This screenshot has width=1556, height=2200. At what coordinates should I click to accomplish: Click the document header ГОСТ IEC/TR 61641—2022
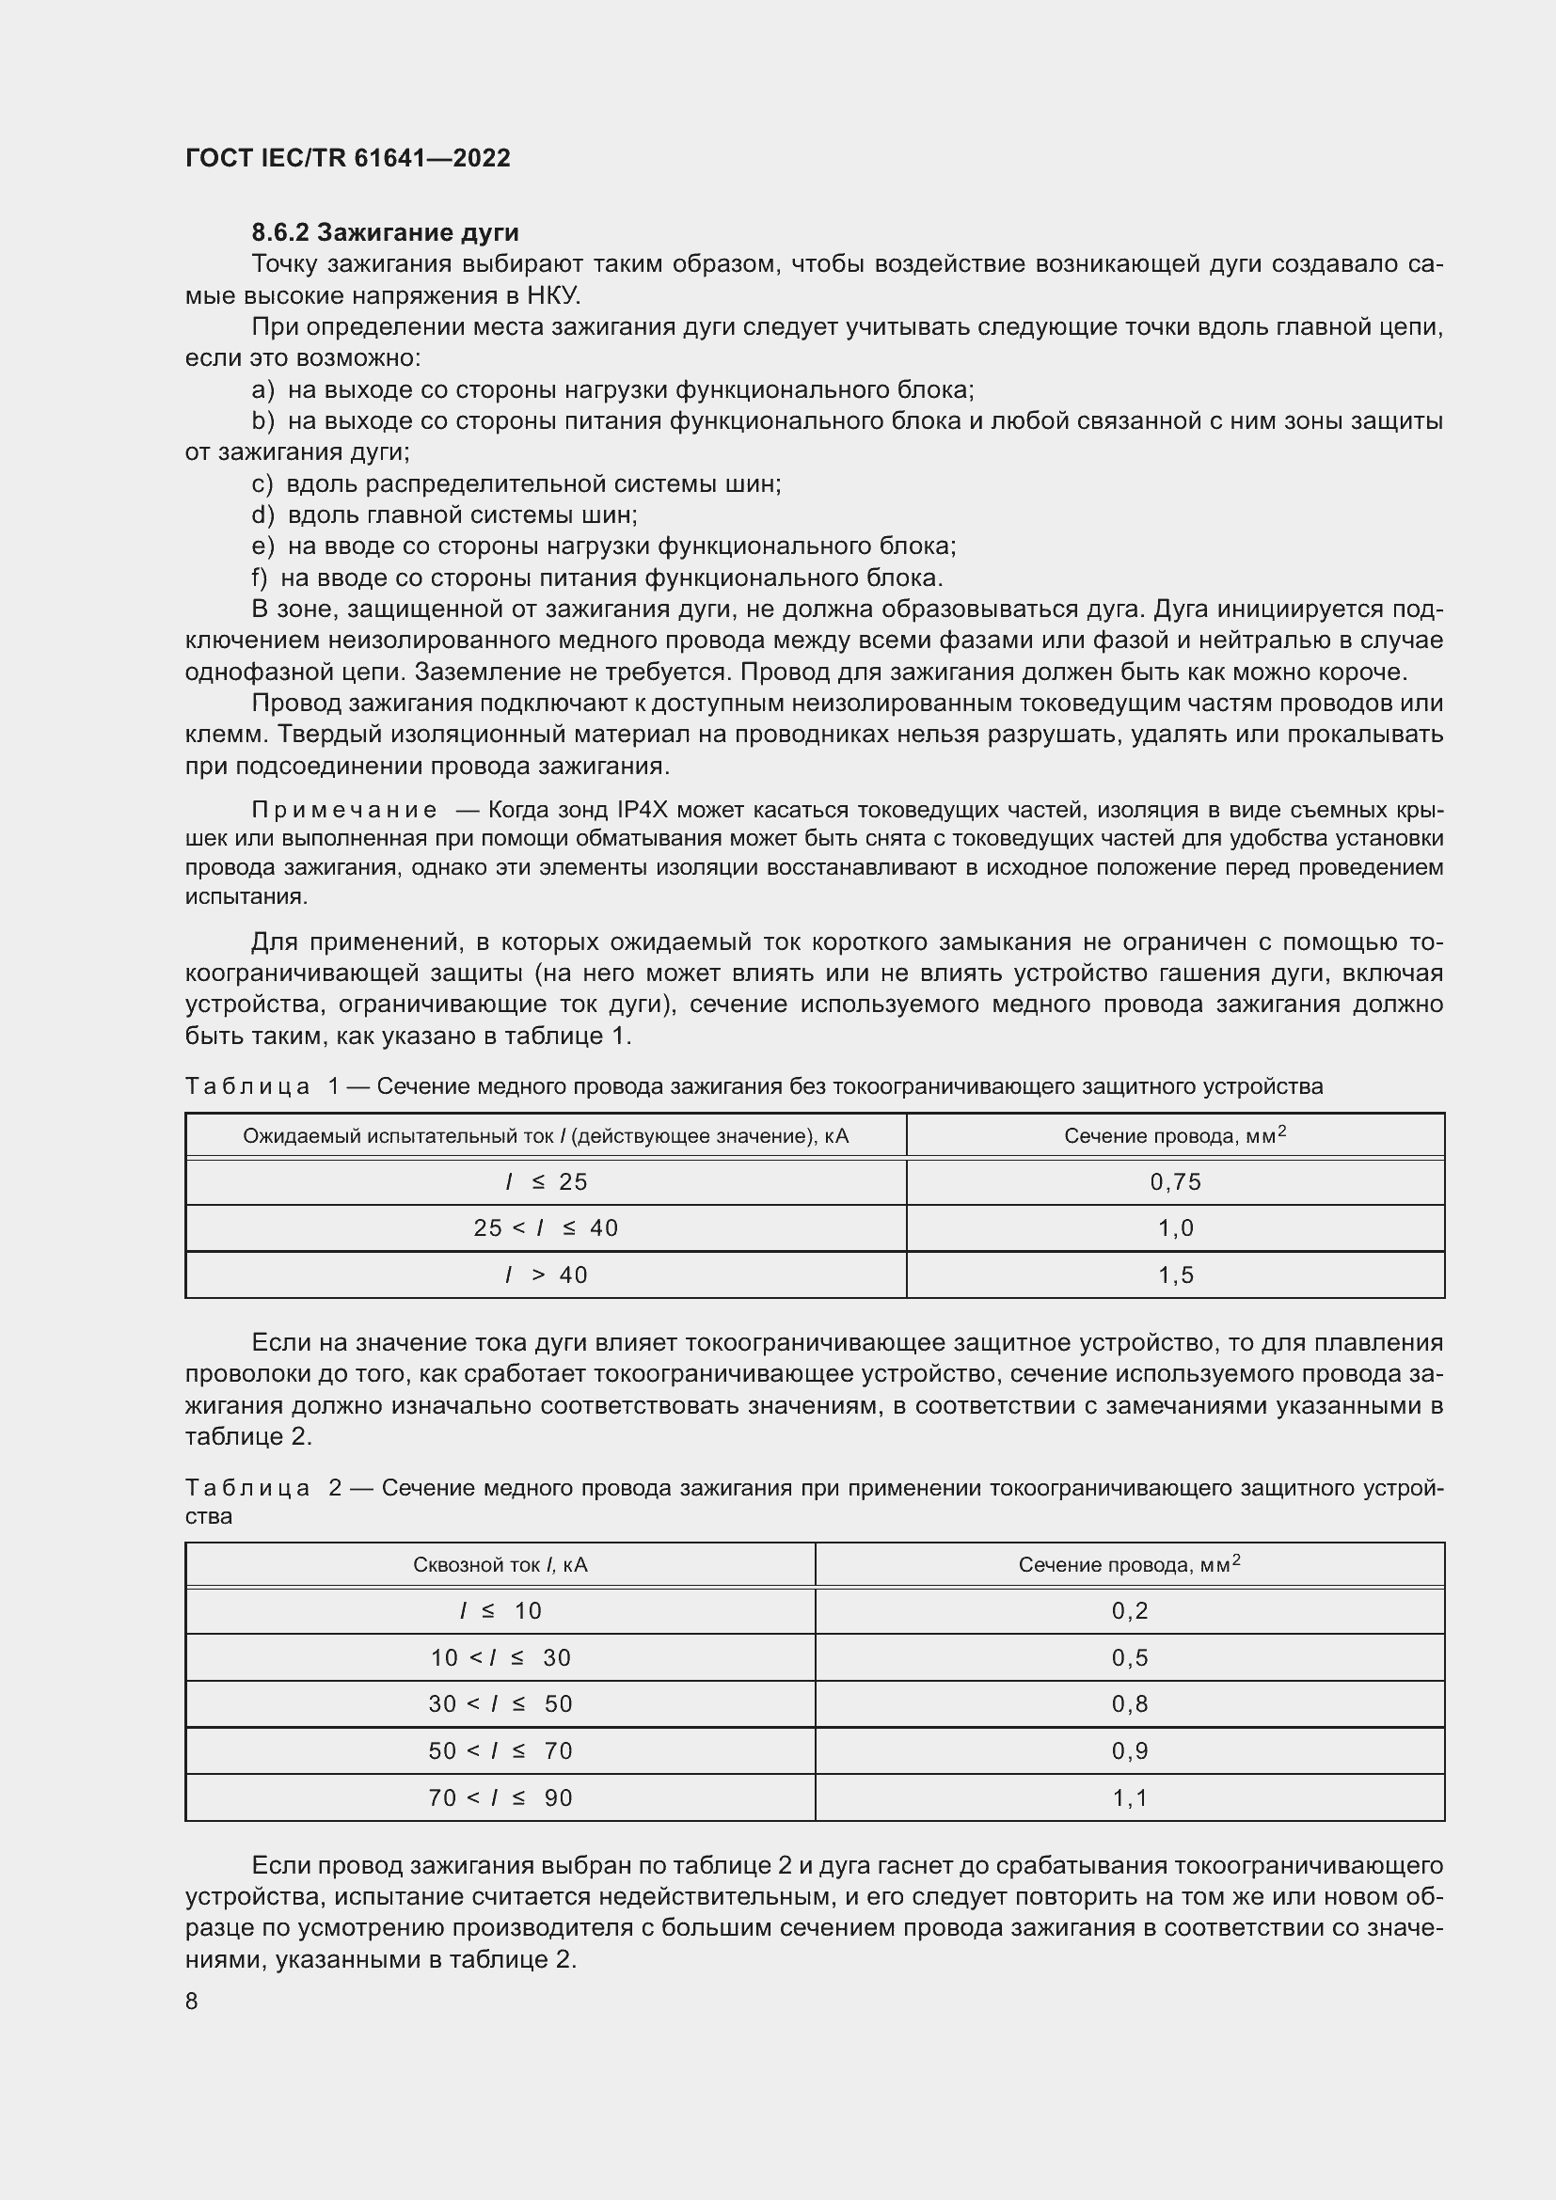coord(347,158)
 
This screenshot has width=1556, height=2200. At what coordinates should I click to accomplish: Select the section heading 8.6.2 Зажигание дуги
coord(385,233)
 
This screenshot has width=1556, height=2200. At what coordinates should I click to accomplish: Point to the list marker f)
coord(259,578)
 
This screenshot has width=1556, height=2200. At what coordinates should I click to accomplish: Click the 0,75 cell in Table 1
coord(1175,1181)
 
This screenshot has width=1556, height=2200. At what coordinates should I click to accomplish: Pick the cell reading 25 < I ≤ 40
coord(546,1227)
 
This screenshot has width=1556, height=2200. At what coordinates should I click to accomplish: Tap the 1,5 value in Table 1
coord(1175,1274)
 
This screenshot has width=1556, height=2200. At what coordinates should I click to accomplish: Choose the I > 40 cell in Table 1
coord(546,1274)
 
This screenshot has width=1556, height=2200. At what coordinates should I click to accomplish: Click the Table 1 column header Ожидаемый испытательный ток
coord(546,1135)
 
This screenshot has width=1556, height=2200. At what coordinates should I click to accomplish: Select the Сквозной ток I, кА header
coord(500,1565)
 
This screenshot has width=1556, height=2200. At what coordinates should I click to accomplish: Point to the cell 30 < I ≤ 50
coord(500,1703)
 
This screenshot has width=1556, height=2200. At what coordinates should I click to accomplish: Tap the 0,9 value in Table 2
coord(1130,1750)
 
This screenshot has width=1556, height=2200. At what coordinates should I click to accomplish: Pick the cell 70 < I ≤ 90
coord(500,1797)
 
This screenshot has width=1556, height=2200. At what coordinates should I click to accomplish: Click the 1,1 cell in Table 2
coord(1130,1797)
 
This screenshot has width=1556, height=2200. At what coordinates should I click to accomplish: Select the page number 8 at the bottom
coord(192,2001)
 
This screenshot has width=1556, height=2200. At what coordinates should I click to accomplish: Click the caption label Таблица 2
coord(262,1488)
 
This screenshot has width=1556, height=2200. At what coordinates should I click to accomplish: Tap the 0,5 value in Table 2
coord(1130,1657)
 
